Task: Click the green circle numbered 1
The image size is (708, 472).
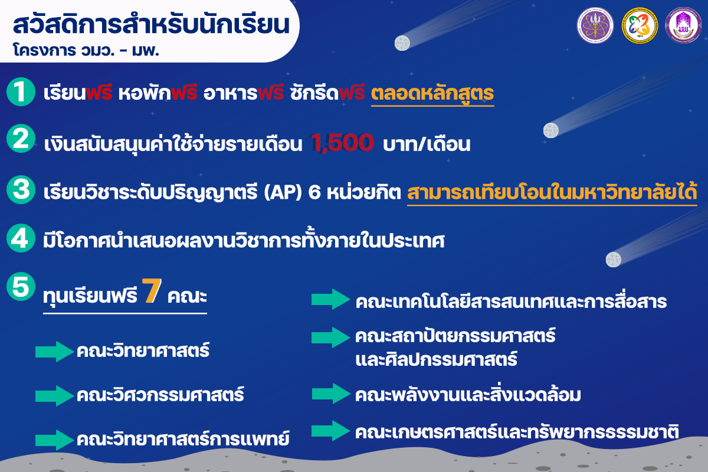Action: [x=21, y=91]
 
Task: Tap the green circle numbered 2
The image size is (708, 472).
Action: [x=21, y=139]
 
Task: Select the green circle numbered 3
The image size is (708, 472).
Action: [x=21, y=190]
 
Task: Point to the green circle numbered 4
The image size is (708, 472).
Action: [x=21, y=238]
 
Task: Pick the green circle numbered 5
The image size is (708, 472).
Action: [x=21, y=286]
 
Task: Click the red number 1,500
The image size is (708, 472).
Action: [x=343, y=143]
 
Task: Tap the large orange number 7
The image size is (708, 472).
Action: [x=152, y=290]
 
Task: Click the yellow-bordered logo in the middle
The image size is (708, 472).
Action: [x=640, y=25]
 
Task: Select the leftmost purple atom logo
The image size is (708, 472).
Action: [x=595, y=25]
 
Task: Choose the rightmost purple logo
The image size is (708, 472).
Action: [x=684, y=25]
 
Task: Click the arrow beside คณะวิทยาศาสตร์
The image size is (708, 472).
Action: [x=54, y=351]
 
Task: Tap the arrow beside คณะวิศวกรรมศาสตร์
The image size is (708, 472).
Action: [x=54, y=395]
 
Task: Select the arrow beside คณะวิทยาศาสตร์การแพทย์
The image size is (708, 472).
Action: [x=54, y=440]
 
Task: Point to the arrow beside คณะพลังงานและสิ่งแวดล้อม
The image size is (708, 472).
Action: [x=331, y=394]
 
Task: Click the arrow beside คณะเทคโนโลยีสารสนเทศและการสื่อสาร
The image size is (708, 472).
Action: [x=330, y=299]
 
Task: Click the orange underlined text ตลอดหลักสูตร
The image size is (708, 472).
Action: [x=432, y=94]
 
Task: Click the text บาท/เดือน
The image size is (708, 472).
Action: [x=427, y=144]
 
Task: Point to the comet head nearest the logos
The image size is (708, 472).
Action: [x=402, y=43]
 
